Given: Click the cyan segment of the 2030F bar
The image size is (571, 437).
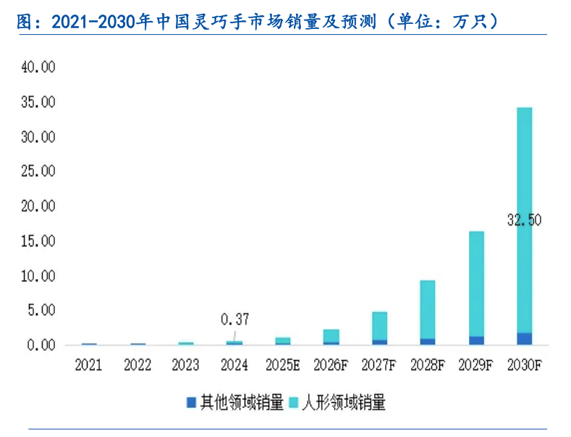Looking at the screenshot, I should [x=524, y=181].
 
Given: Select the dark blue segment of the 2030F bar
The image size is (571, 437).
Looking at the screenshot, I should [x=524, y=338].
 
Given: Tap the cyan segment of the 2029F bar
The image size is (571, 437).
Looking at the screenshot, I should [x=476, y=283].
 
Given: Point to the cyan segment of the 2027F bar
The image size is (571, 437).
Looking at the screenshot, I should [x=379, y=325].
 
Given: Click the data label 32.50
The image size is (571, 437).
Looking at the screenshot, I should [x=524, y=220].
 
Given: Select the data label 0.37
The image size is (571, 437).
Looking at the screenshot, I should [x=234, y=319].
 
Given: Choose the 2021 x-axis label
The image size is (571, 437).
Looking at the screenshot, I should [x=89, y=365].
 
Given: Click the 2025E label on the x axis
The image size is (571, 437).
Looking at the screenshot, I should [x=283, y=365].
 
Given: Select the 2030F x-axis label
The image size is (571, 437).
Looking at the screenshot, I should [x=525, y=365].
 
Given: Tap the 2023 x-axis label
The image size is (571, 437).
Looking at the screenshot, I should [x=186, y=365].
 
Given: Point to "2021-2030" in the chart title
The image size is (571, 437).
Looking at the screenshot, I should [x=96, y=22].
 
